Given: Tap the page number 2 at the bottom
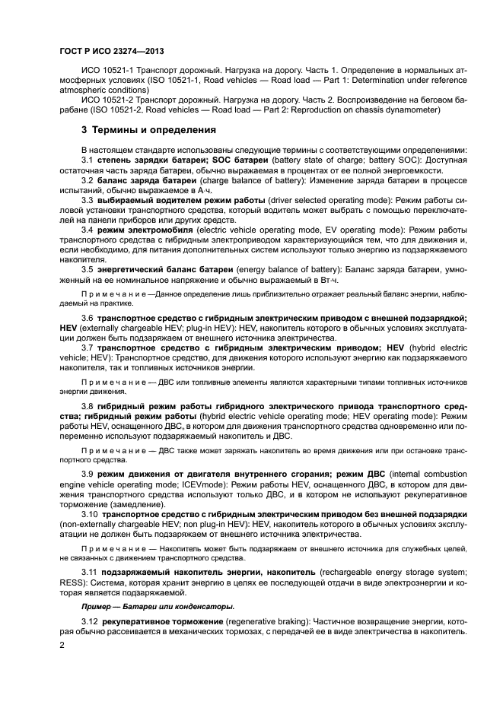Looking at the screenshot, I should click(63, 646).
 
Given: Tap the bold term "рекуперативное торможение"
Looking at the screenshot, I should click(164, 621).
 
